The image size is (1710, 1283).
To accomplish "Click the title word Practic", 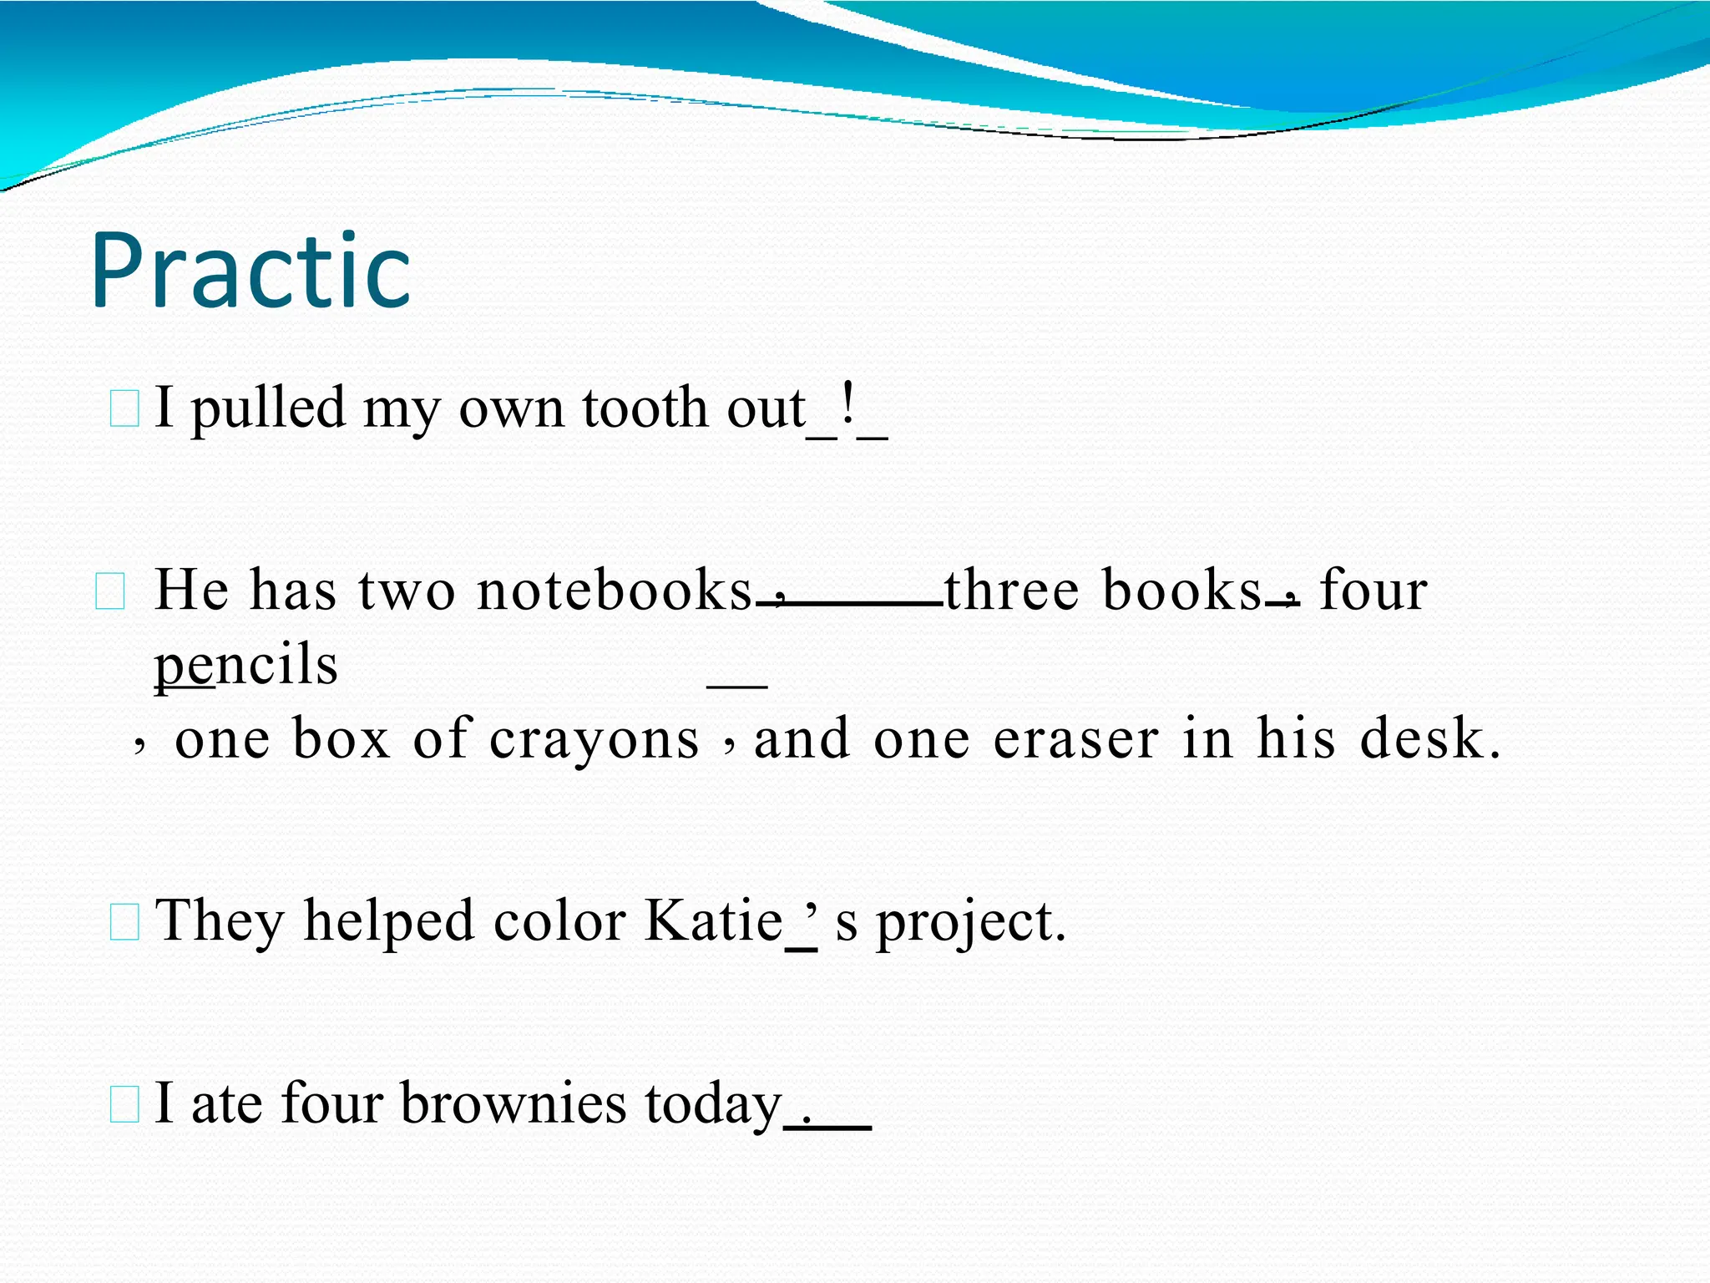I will [x=250, y=271].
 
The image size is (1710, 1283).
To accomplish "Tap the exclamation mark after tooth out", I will [x=848, y=405].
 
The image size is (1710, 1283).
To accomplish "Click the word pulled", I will [x=268, y=409].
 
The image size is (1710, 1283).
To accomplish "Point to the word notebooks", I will [x=615, y=590].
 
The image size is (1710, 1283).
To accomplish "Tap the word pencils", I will [x=246, y=665].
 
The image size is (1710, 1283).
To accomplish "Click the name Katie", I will [x=714, y=920].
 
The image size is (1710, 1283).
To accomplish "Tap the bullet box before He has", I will [x=110, y=591].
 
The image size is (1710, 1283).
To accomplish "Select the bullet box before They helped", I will [x=124, y=922].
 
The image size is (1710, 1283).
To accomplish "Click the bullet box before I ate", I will [x=124, y=1104].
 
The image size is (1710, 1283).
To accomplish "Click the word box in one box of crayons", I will [x=341, y=739].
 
